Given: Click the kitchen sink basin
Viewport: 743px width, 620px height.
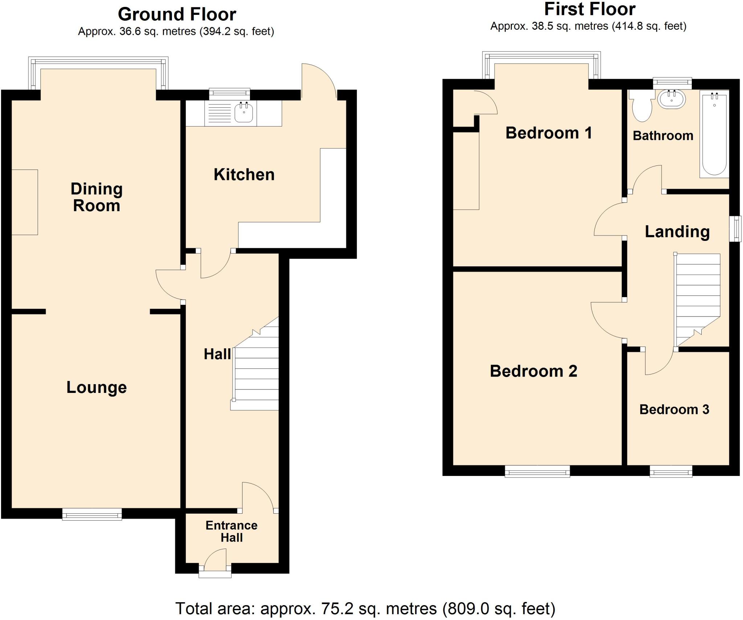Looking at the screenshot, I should click(x=243, y=112).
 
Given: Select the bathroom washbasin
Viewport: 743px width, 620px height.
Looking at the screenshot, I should click(x=672, y=99).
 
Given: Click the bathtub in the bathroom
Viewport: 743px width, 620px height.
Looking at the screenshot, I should click(x=714, y=134).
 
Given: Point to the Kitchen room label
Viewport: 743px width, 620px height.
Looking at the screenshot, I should click(x=244, y=175).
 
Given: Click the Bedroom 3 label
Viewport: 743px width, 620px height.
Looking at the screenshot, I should click(x=674, y=410).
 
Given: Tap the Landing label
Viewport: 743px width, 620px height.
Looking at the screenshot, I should click(x=677, y=232).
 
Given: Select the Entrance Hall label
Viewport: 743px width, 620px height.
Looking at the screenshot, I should click(x=231, y=531).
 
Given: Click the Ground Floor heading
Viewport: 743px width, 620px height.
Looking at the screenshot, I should click(x=177, y=15).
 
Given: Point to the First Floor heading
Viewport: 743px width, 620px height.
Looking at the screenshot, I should click(x=590, y=9).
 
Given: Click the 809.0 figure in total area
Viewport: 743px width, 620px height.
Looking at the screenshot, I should click(x=468, y=608).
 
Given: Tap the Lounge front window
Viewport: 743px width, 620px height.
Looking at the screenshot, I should click(x=92, y=514).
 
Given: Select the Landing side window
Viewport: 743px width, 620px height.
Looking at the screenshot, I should click(x=736, y=229).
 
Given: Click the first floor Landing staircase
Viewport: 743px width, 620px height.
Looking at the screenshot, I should click(x=697, y=297).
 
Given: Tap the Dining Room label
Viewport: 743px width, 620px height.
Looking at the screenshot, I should click(x=97, y=197).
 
